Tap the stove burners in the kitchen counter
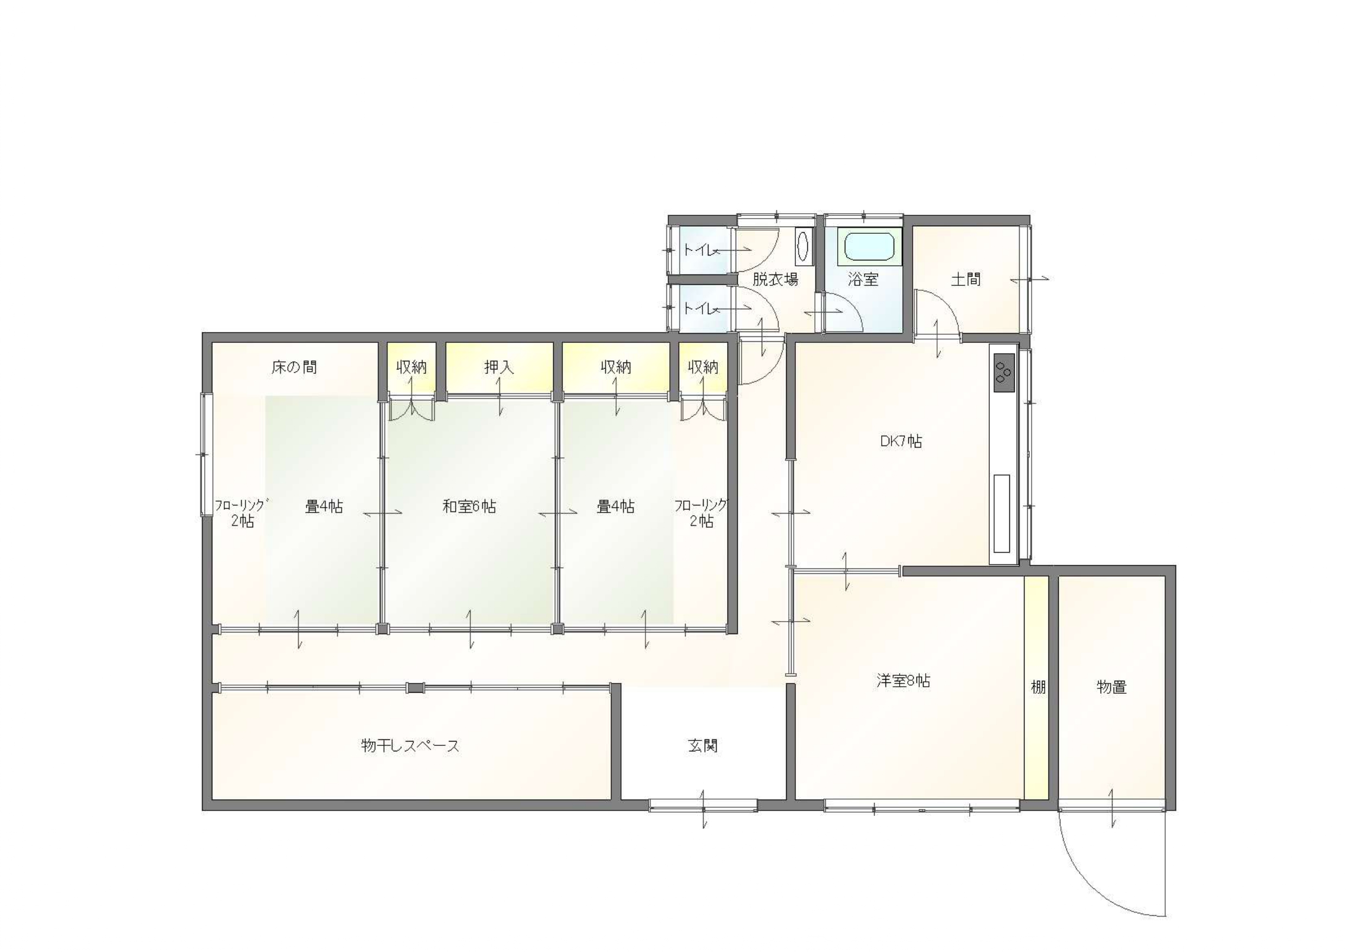pos(1003,373)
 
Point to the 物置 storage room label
pos(1111,687)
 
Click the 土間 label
pos(965,279)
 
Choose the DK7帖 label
pos(901,442)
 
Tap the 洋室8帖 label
pos(903,681)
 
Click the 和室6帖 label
pos(469,506)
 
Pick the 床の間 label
pos(294,367)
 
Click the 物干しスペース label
pos(410,746)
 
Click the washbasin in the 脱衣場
pos(803,247)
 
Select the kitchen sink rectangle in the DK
pos(1002,514)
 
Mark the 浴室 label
pos(863,279)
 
